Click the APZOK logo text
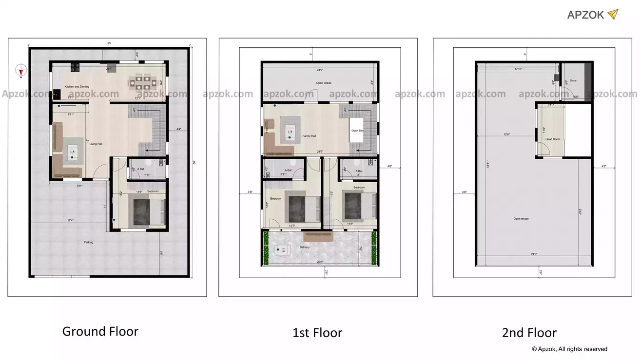click(585, 15)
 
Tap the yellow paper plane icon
click(613, 14)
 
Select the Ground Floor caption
click(100, 332)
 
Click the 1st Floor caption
click(317, 333)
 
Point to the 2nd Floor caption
click(529, 333)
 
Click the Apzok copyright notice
click(569, 349)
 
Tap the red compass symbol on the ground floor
click(21, 71)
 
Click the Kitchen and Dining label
click(77, 87)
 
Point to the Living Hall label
click(96, 144)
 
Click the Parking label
click(88, 242)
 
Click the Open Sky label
click(357, 131)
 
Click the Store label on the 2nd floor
click(573, 80)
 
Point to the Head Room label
click(553, 139)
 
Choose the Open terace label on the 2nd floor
click(521, 219)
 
